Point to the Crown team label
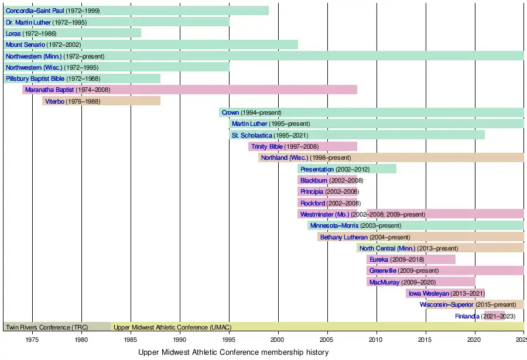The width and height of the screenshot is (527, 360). (230, 112)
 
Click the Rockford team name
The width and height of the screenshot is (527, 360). (313, 203)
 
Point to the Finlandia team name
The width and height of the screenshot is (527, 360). (467, 316)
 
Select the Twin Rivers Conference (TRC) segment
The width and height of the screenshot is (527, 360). (57, 327)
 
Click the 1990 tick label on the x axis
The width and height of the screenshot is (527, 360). (180, 339)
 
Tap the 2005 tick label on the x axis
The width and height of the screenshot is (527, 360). (327, 339)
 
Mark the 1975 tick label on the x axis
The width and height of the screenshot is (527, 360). (32, 339)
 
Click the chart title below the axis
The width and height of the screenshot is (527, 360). (233, 352)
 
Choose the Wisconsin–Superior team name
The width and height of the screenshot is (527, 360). (447, 304)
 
